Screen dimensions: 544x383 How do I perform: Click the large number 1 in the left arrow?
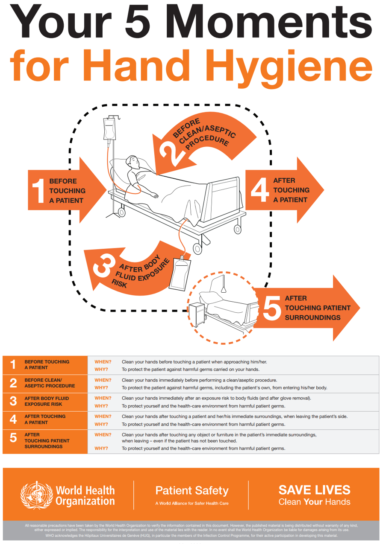pos(38,190)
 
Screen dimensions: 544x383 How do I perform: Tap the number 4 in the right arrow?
pos(258,190)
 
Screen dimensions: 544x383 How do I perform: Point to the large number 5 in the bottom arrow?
pos(271,308)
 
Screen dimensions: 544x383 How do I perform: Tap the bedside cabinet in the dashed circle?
pos(197,315)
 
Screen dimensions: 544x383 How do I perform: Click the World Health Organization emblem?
pos(36,495)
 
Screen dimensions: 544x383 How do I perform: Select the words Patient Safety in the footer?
pos(191,491)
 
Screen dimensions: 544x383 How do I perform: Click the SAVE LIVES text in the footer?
pos(314,489)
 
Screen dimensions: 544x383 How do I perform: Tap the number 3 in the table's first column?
pos(13,401)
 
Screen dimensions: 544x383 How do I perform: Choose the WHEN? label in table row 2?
pos(103,380)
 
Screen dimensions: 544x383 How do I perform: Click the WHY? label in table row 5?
pos(101,448)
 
